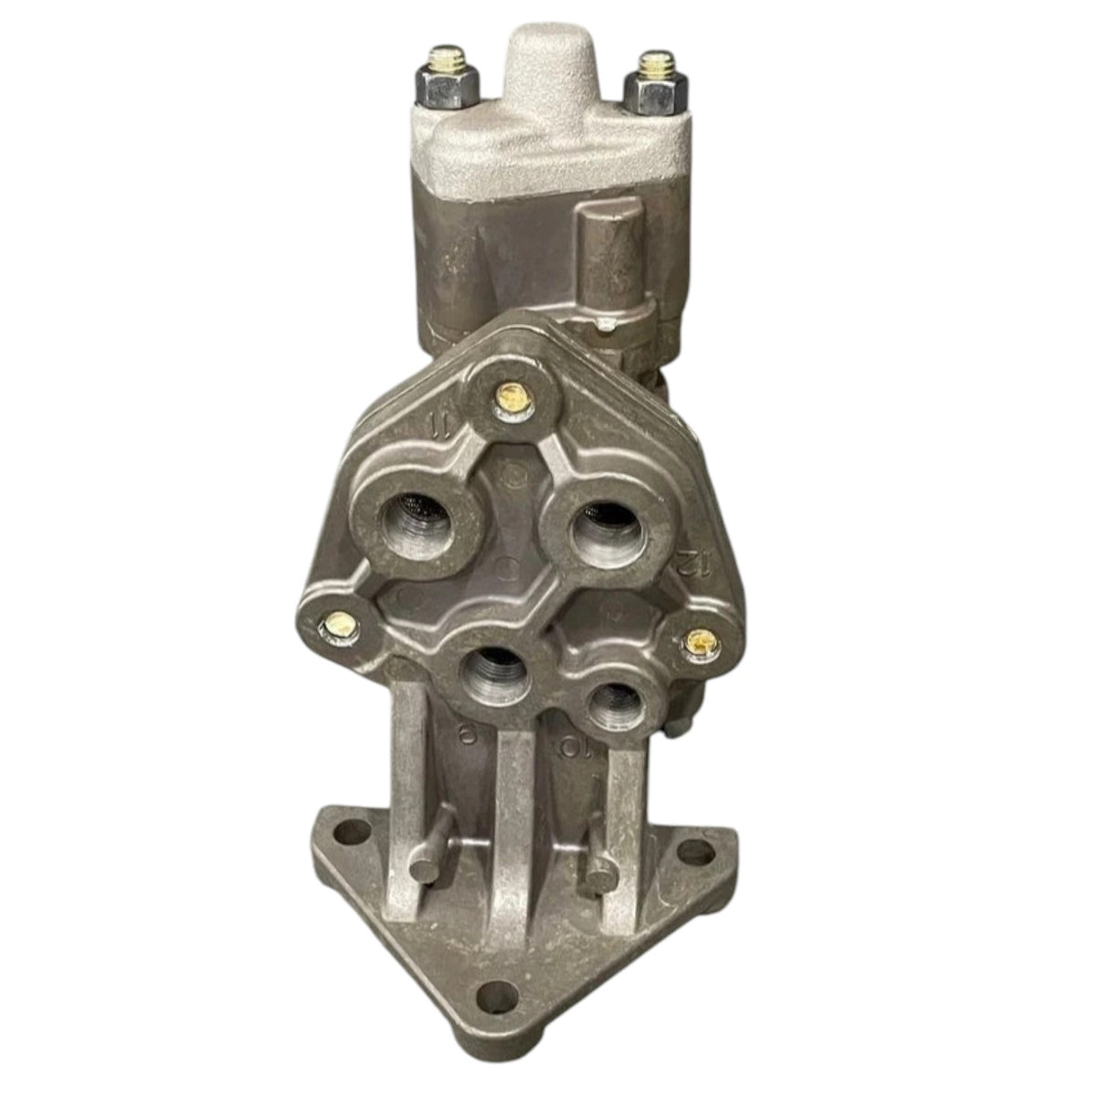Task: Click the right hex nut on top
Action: (650, 85)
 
